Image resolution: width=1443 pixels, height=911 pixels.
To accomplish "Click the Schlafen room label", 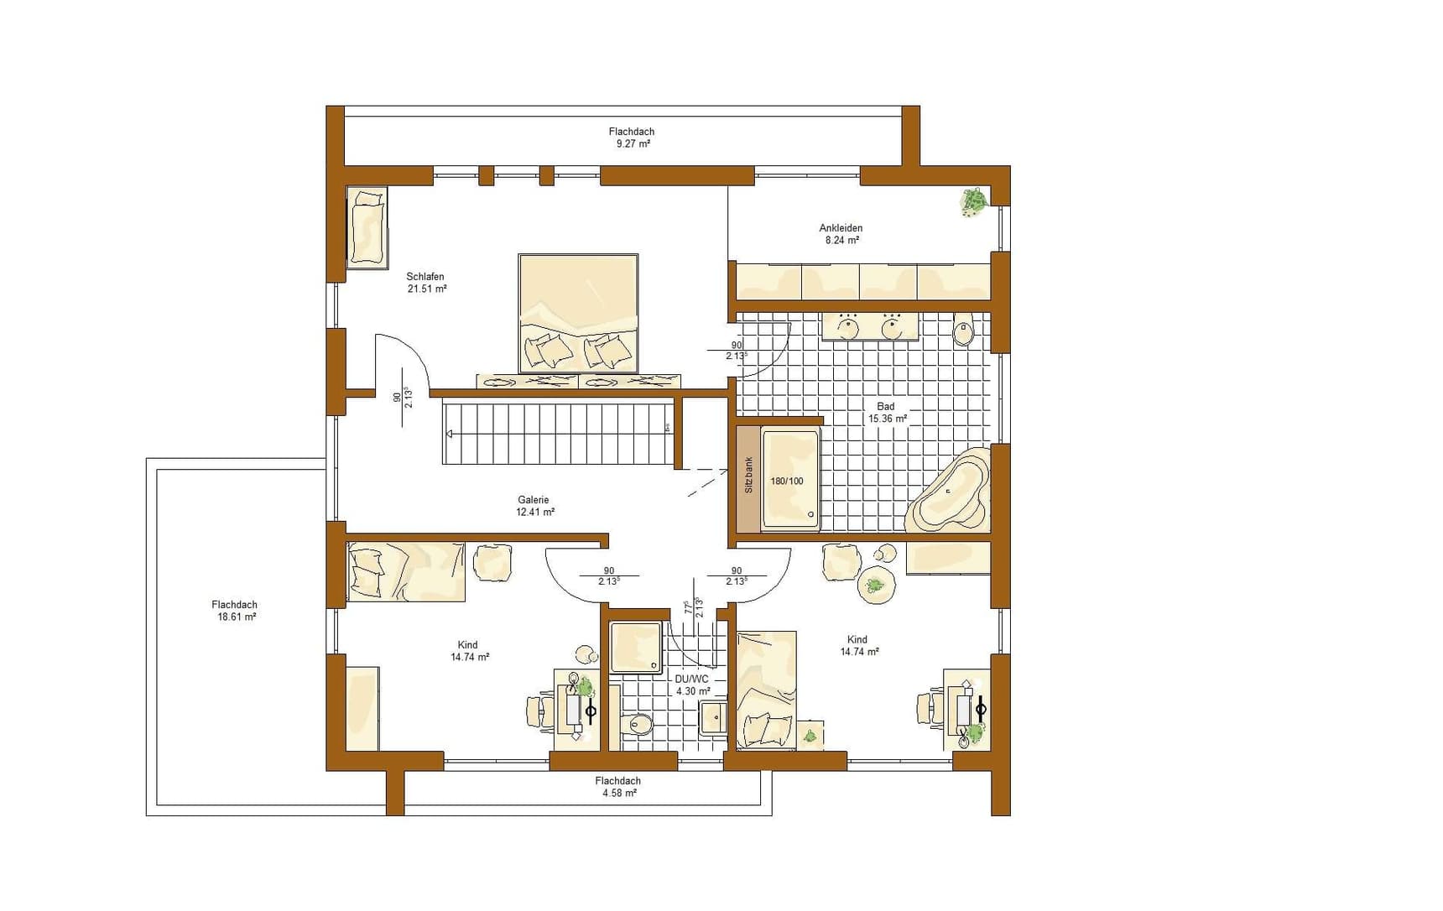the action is [425, 277].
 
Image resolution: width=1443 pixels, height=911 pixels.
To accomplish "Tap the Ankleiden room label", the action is [841, 228].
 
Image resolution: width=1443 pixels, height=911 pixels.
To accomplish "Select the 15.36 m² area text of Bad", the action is [888, 419].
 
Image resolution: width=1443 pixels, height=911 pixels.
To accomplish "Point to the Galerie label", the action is [534, 500].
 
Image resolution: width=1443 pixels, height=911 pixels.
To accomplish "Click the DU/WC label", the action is [691, 679].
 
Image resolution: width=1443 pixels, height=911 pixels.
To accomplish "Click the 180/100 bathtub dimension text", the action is [787, 482].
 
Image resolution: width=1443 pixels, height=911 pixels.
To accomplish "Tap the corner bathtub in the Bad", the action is [948, 492].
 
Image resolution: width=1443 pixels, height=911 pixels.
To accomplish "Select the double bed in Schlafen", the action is [578, 313].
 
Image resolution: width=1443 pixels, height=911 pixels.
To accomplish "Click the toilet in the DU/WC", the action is [639, 722].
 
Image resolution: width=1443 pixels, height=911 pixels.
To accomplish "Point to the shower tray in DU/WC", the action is [636, 648].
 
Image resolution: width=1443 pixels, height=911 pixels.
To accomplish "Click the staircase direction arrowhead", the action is [450, 435].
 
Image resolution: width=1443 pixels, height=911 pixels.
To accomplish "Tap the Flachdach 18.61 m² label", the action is [235, 611].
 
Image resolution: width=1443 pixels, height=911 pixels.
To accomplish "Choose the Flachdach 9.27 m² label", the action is [632, 138].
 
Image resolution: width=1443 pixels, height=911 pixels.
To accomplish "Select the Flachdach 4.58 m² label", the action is [618, 787].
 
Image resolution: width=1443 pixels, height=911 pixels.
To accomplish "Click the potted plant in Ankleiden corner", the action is [974, 202].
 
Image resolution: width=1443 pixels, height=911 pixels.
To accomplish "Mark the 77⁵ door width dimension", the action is [688, 607].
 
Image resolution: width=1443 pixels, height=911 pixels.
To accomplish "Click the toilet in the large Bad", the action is [963, 331].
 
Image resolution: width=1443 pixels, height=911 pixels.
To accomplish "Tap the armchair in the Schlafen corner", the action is [367, 226].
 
